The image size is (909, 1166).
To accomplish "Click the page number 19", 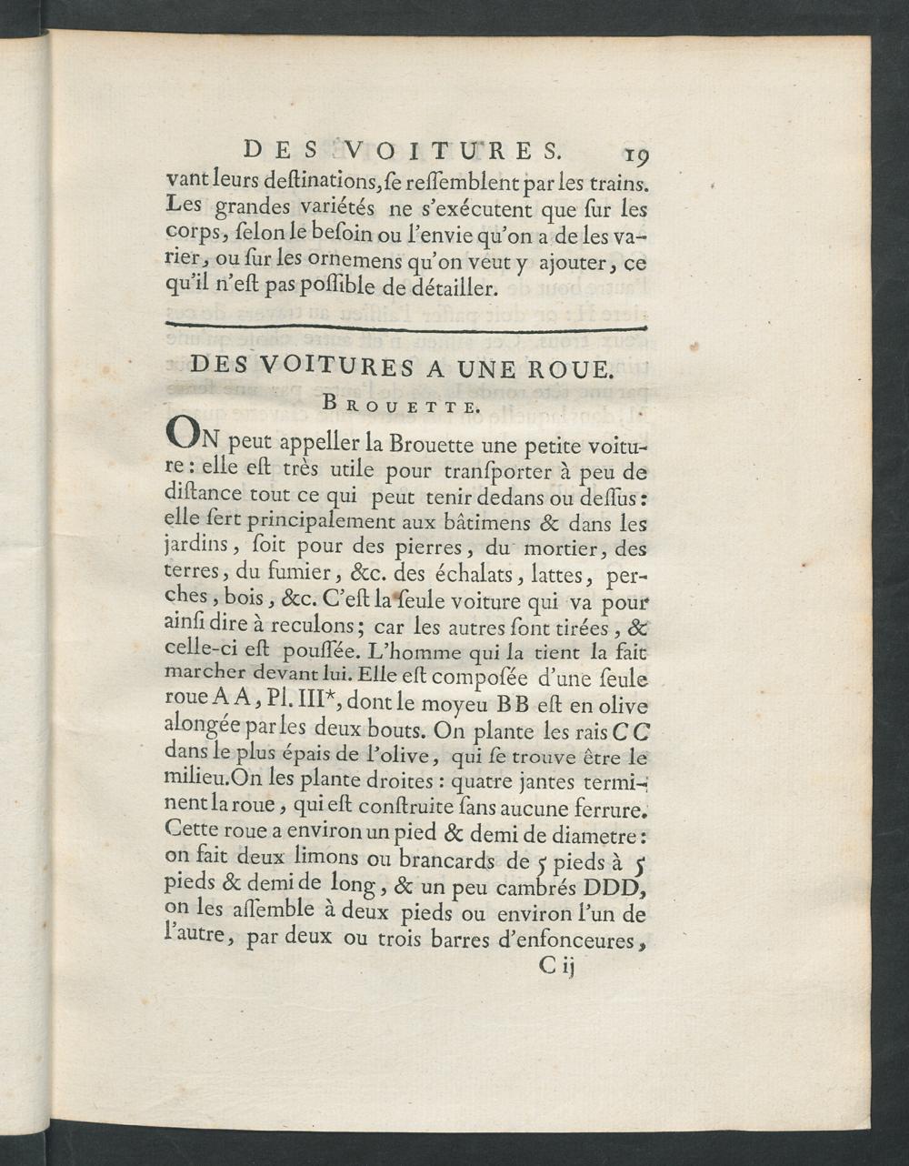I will point(629,150).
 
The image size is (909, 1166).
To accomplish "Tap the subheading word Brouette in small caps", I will point(400,407).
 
